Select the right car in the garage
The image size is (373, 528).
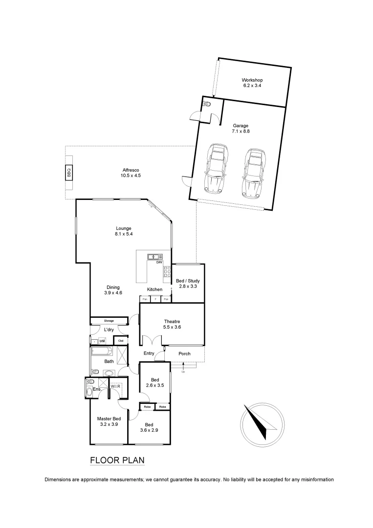pos(253,173)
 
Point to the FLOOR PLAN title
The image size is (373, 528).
pos(117,461)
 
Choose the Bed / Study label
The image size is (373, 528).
pos(188,281)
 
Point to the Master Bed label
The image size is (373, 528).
pos(109,418)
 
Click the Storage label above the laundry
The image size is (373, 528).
pos(109,321)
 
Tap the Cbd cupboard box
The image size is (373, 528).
pos(120,341)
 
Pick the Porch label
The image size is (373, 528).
pos(184,353)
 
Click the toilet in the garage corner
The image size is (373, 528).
pos(207,104)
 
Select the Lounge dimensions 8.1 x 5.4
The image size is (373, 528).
pos(124,234)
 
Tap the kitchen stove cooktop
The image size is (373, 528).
pos(167,272)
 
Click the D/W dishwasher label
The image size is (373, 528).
pos(159,263)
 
